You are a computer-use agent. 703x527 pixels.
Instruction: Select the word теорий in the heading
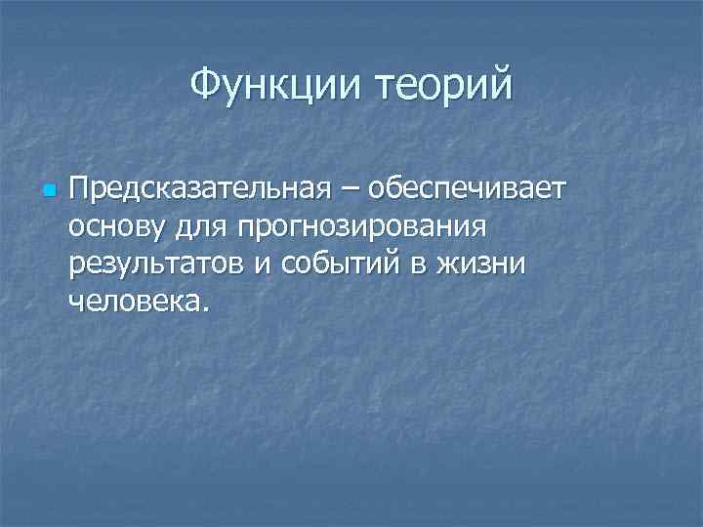click(436, 88)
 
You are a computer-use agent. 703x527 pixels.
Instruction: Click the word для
click(201, 228)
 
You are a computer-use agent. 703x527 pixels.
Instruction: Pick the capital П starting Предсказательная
click(79, 188)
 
